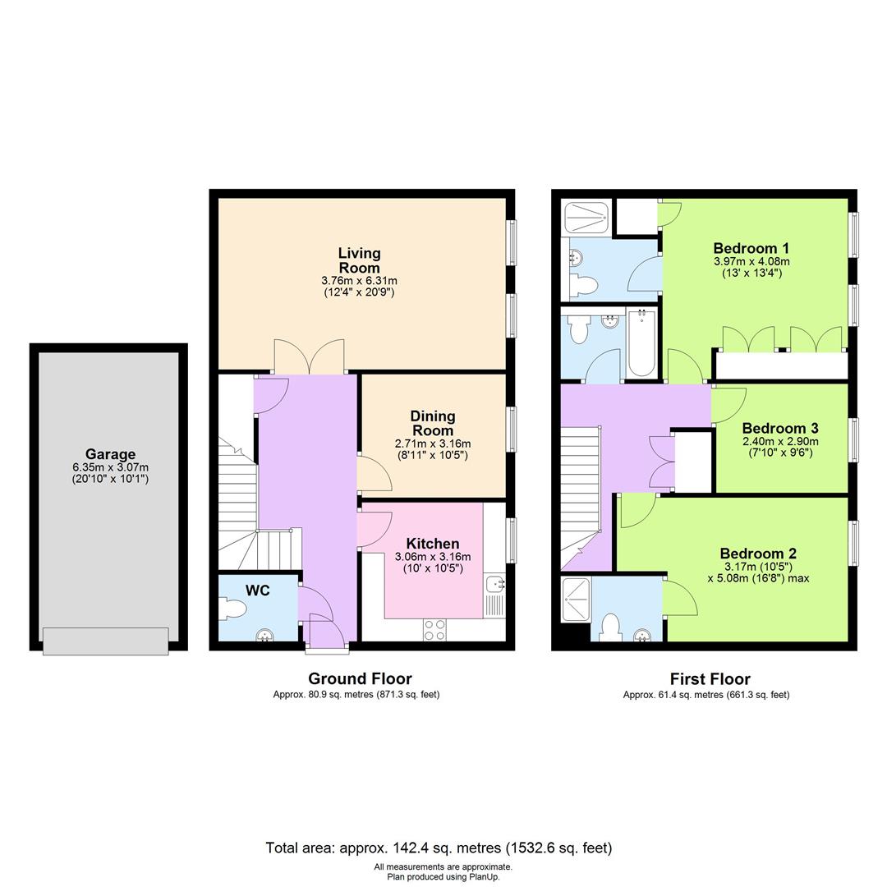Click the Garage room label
click(x=110, y=454)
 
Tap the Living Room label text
click(x=359, y=260)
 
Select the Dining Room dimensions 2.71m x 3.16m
click(x=432, y=444)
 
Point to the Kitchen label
click(x=433, y=544)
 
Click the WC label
click(x=257, y=591)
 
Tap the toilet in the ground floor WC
click(x=233, y=609)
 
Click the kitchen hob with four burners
click(x=434, y=629)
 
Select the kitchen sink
click(x=494, y=585)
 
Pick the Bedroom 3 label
click(x=779, y=428)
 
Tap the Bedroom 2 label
click(x=758, y=554)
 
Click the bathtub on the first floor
click(x=641, y=342)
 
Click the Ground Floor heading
click(x=360, y=678)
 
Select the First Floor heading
click(x=710, y=679)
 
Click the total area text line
click(x=439, y=848)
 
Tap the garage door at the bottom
click(x=106, y=641)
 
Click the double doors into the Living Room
click(x=309, y=357)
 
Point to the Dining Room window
click(x=512, y=430)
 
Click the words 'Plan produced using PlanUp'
click(x=443, y=876)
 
